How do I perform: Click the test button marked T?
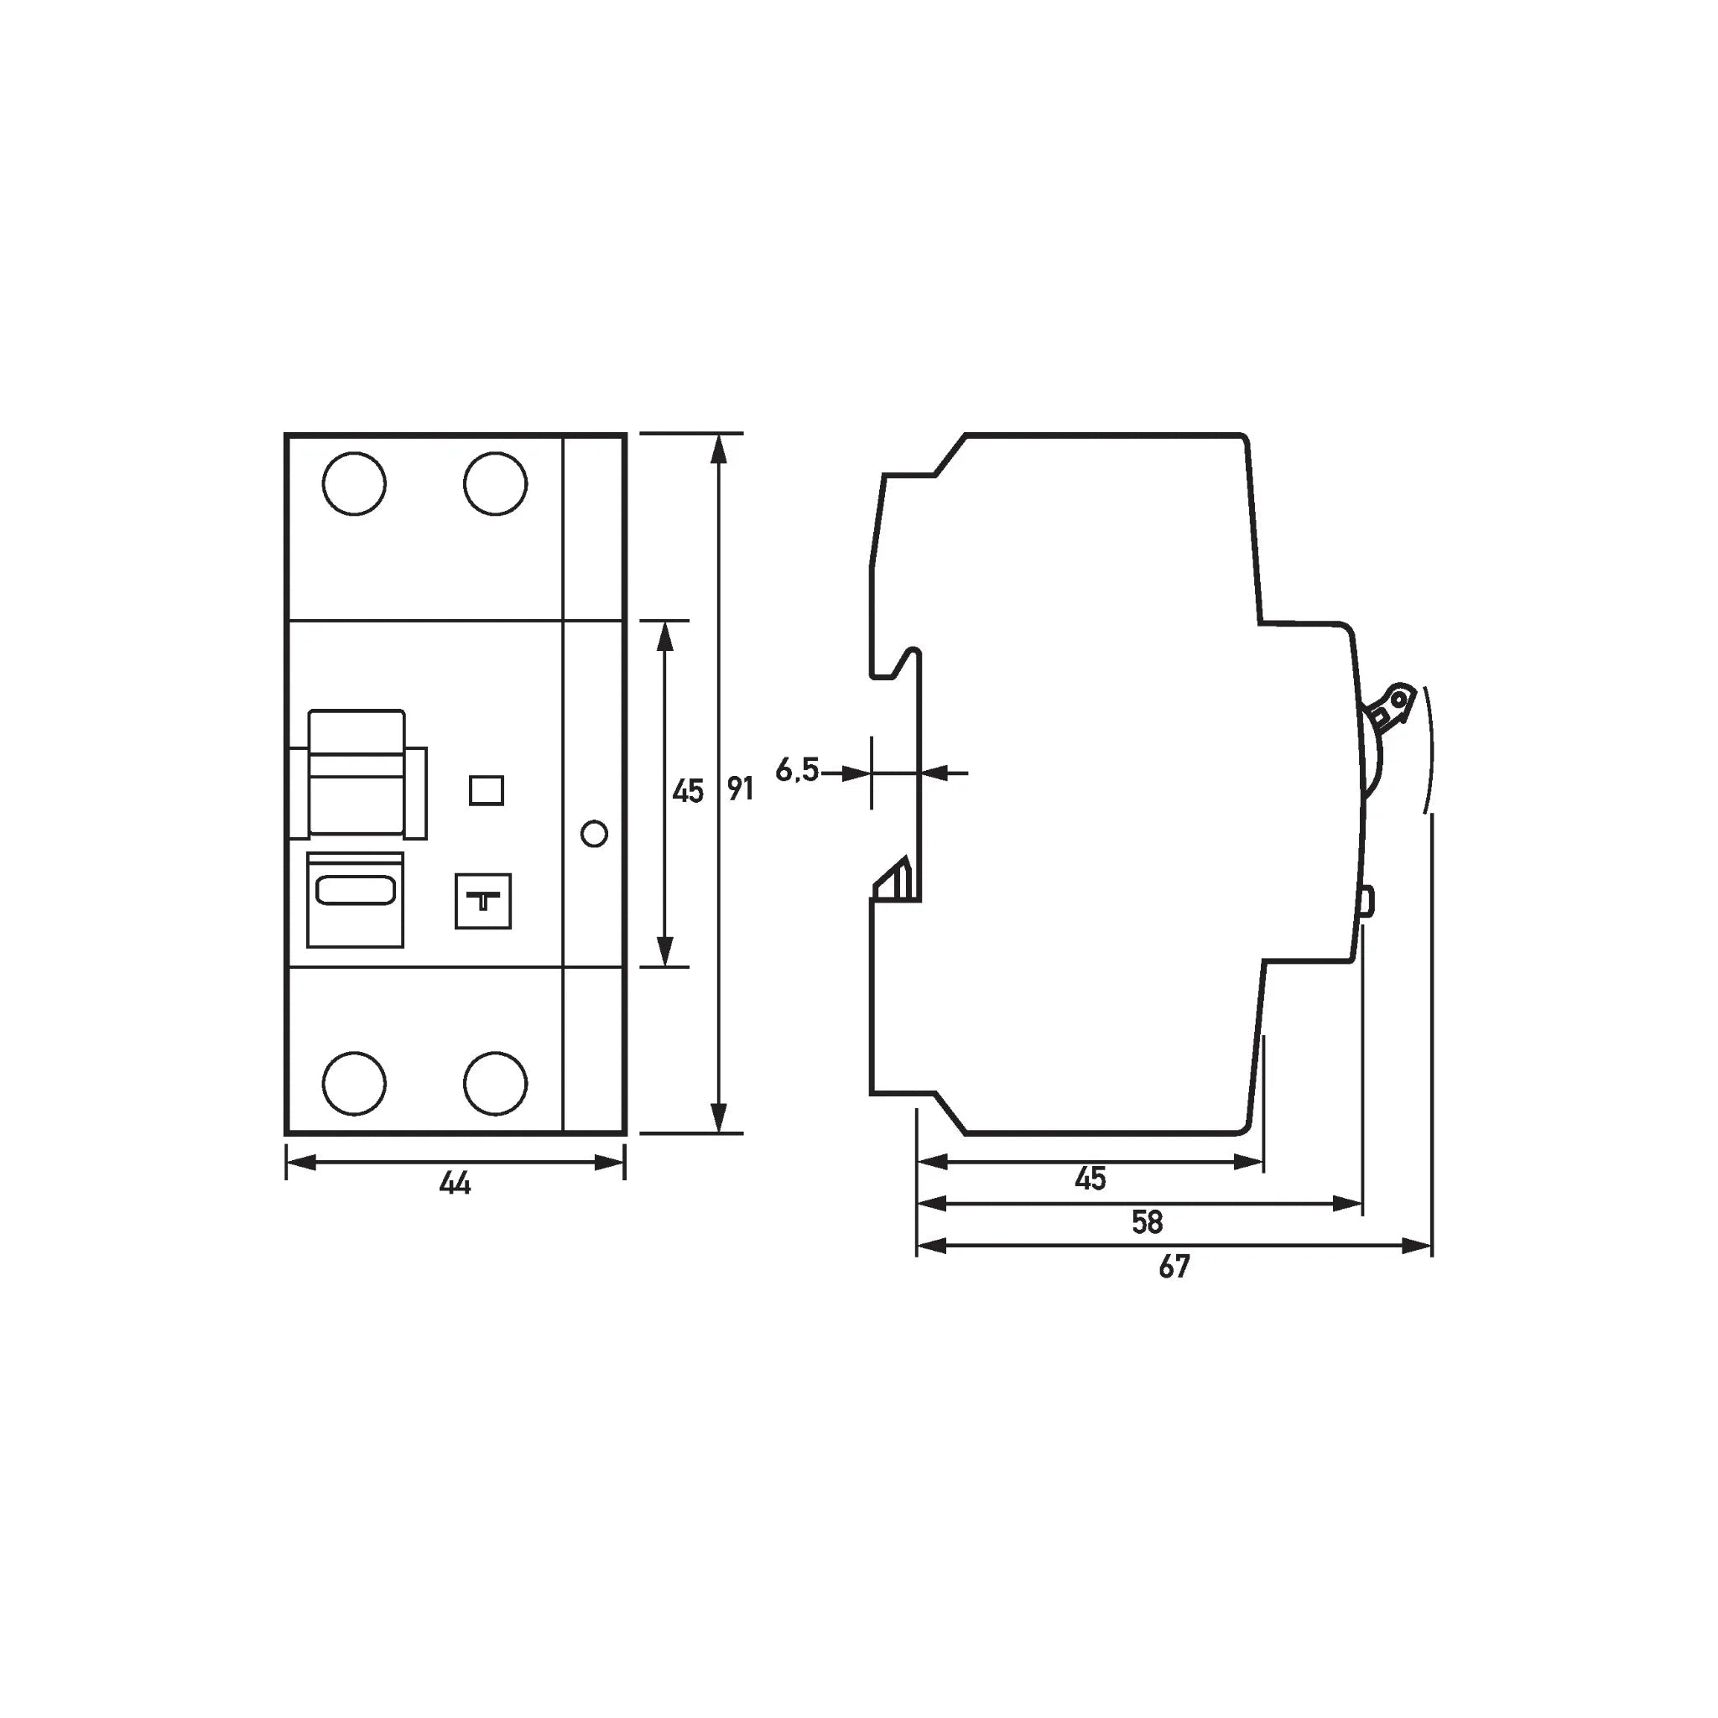[x=483, y=901]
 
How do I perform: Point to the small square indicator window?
[x=487, y=789]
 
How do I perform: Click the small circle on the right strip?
[x=594, y=834]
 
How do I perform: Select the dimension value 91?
[x=740, y=789]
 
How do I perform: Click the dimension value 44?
[x=456, y=1183]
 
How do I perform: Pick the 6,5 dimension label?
[x=797, y=769]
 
